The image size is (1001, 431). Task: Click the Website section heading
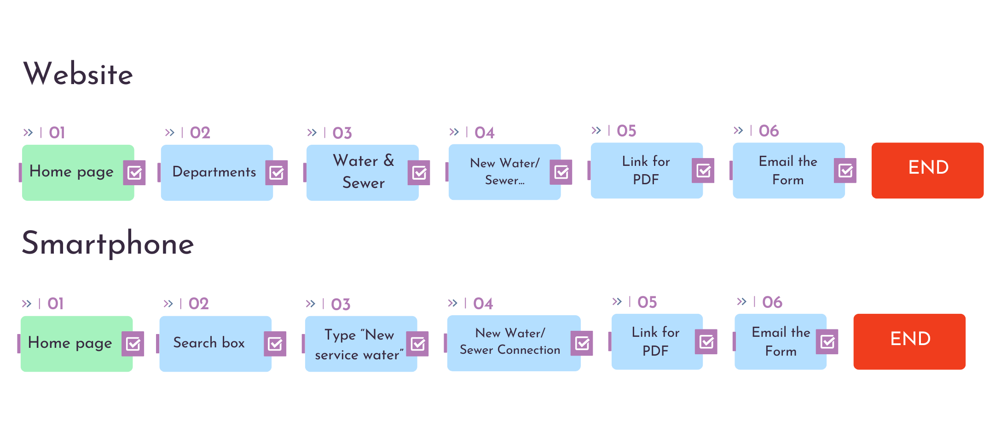[78, 74]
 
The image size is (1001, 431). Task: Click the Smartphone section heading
[108, 244]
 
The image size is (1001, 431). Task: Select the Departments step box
[214, 172]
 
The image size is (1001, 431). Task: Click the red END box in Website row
[927, 170]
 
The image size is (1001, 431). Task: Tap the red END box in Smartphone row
[909, 341]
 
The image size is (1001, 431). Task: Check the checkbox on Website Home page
[134, 173]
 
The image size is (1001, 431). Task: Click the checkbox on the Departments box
[277, 173]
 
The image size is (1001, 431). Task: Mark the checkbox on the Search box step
[275, 344]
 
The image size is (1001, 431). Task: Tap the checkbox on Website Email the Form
[845, 171]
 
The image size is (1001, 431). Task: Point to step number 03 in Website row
[342, 133]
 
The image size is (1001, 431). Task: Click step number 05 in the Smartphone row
[647, 302]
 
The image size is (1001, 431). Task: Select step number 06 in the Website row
[769, 131]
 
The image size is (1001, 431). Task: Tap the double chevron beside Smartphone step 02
[168, 304]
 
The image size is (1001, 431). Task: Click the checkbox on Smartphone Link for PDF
[706, 341]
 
